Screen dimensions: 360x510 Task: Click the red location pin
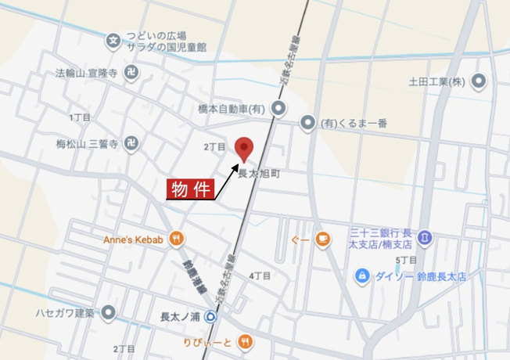pyautogui.click(x=245, y=148)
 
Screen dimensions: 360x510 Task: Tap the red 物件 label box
pyautogui.click(x=189, y=189)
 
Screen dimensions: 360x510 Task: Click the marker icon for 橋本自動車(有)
pyautogui.click(x=280, y=109)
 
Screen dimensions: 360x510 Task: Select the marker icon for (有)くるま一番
pyautogui.click(x=308, y=123)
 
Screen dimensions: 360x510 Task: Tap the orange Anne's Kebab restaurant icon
pyautogui.click(x=178, y=239)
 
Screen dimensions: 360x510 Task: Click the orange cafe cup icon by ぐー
pyautogui.click(x=321, y=240)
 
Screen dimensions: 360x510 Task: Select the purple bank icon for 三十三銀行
pyautogui.click(x=424, y=236)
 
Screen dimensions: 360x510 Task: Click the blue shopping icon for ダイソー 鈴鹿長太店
pyautogui.click(x=362, y=275)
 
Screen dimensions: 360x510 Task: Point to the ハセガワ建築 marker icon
pyautogui.click(x=109, y=314)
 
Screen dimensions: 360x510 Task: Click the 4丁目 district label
pyautogui.click(x=260, y=275)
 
